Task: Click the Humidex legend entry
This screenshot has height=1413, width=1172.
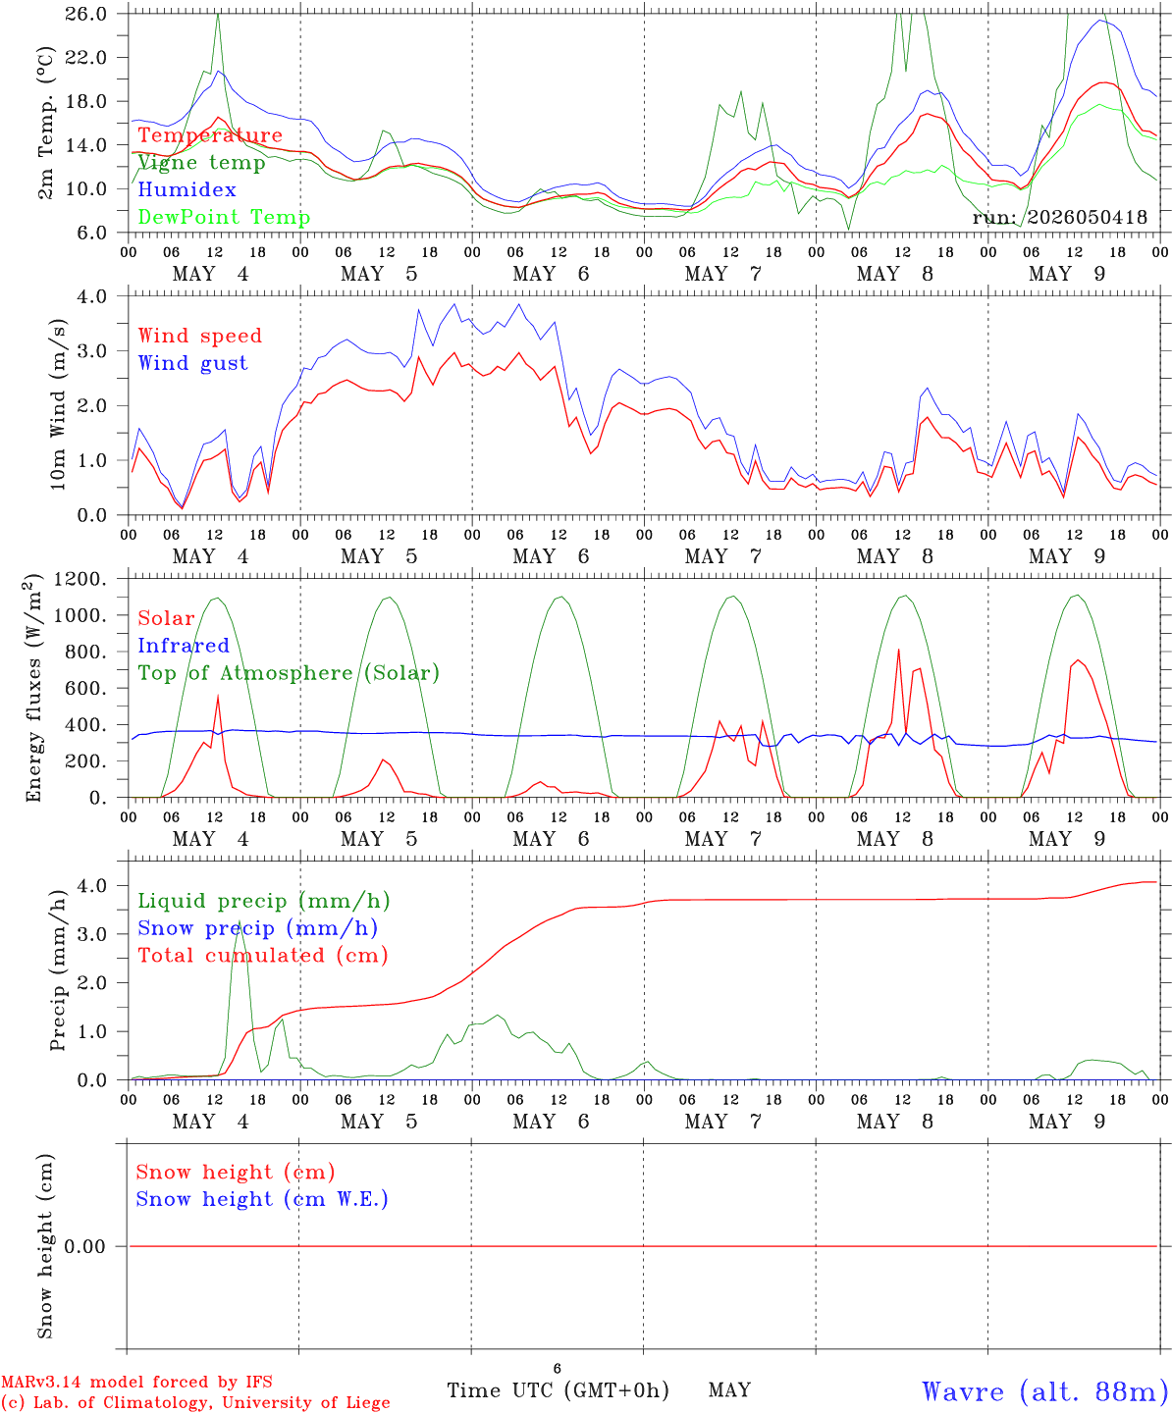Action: pyautogui.click(x=186, y=189)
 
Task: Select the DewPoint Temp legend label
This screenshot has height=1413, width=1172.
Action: pyautogui.click(x=224, y=217)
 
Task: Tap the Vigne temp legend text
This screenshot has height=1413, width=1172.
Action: pyautogui.click(x=202, y=163)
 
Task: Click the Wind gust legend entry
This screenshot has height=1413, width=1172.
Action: pyautogui.click(x=193, y=363)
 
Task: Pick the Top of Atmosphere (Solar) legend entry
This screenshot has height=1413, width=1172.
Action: pyautogui.click(x=290, y=673)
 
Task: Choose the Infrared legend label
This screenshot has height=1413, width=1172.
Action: pyautogui.click(x=184, y=646)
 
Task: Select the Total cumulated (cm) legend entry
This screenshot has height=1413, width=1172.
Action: pyautogui.click(x=263, y=955)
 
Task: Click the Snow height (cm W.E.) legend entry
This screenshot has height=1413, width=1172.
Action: pyautogui.click(x=262, y=1198)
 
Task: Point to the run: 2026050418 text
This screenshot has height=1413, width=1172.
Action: pyautogui.click(x=1059, y=217)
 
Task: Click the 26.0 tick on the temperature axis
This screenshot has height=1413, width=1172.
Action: pyautogui.click(x=86, y=14)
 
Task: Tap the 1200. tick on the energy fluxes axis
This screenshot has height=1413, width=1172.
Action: pyautogui.click(x=80, y=579)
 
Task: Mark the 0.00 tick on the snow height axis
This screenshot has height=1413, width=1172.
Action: pyautogui.click(x=85, y=1246)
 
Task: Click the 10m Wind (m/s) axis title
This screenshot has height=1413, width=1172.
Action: pyautogui.click(x=58, y=404)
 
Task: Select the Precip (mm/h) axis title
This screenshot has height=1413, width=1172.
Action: pyautogui.click(x=58, y=970)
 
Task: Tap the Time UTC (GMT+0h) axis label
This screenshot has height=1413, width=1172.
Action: pyautogui.click(x=558, y=1390)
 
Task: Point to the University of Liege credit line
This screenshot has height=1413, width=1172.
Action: pyautogui.click(x=195, y=1402)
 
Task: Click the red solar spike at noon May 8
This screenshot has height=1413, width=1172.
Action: pyautogui.click(x=898, y=651)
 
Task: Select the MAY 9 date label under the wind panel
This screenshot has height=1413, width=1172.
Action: pyautogui.click(x=1067, y=556)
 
